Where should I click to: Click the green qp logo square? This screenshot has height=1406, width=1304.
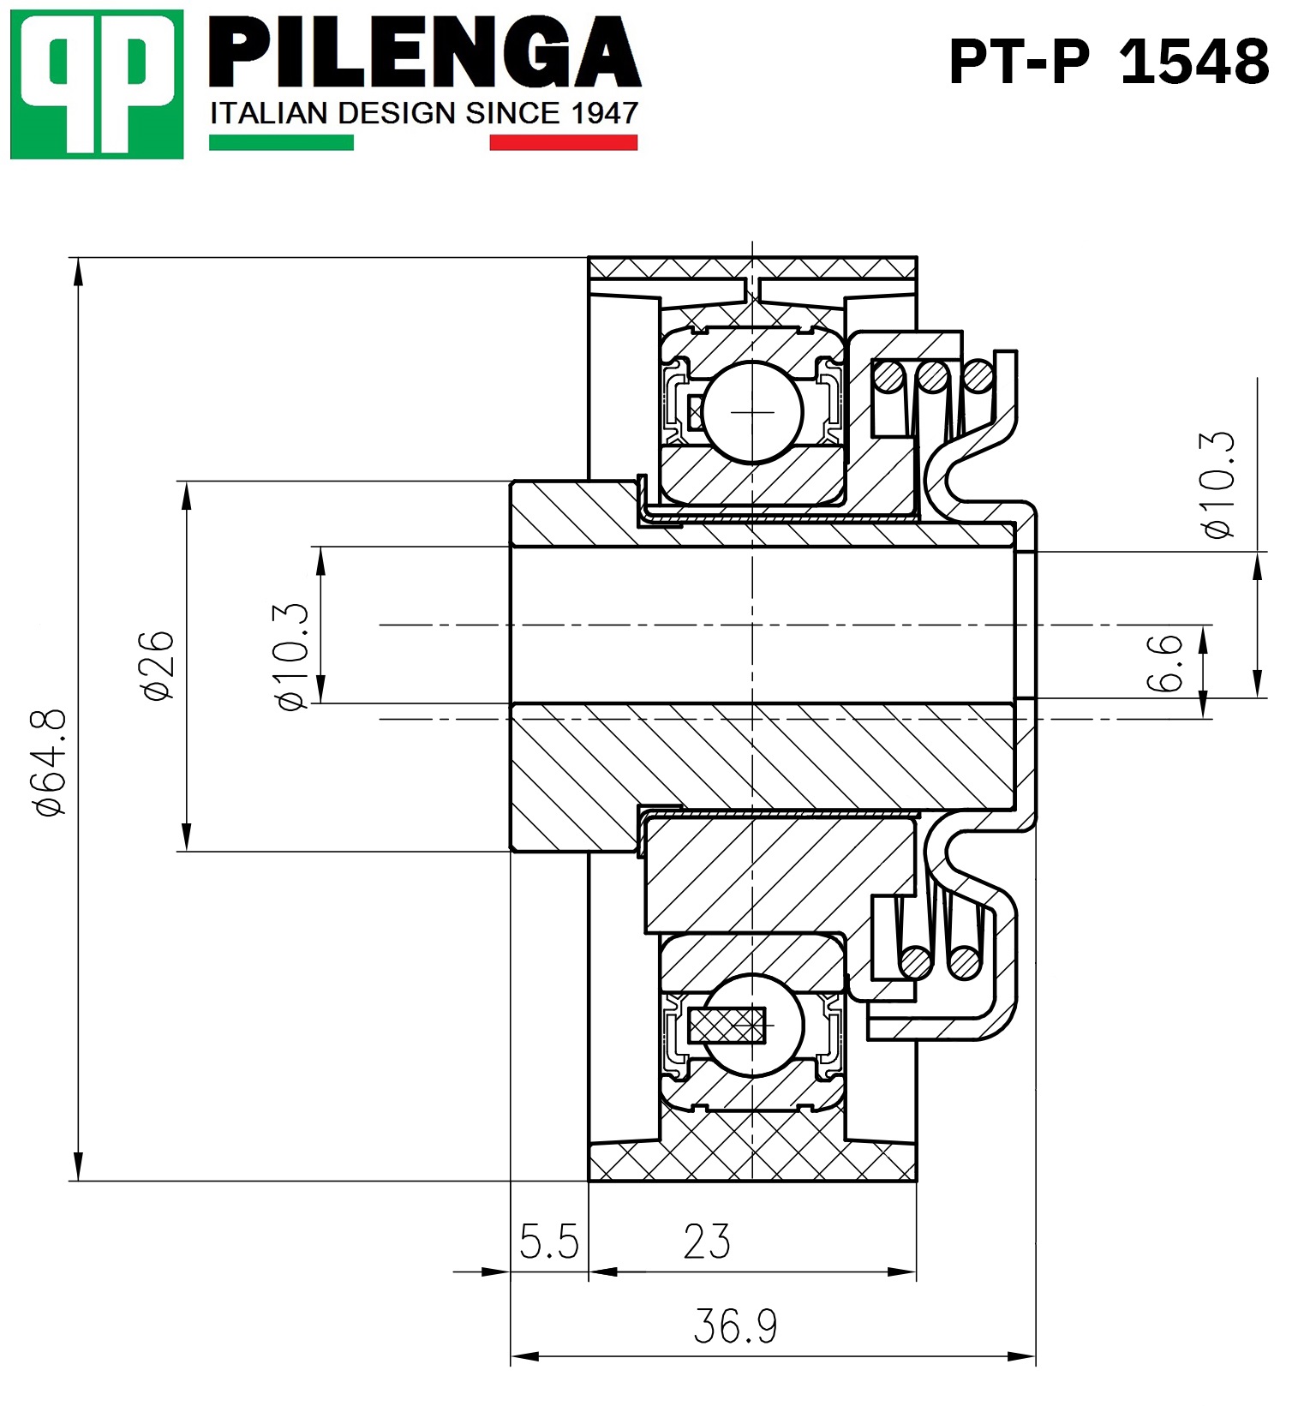tap(97, 84)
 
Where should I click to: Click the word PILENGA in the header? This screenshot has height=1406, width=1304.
tap(424, 52)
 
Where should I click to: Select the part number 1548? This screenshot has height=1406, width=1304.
tap(1194, 62)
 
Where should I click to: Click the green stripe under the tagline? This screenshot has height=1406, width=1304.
tap(281, 142)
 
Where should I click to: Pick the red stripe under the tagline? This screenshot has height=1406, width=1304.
tap(563, 142)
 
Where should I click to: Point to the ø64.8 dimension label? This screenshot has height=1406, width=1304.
tap(51, 762)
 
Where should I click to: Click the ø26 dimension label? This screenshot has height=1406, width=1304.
tap(159, 666)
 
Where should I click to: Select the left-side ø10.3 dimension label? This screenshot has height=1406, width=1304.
tap(291, 657)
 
